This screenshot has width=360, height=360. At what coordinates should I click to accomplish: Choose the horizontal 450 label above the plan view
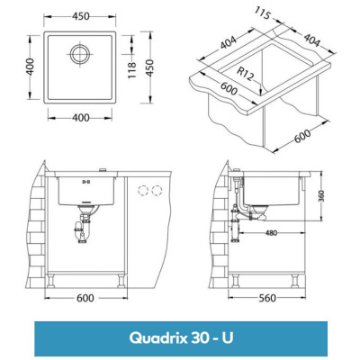click(x=79, y=15)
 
